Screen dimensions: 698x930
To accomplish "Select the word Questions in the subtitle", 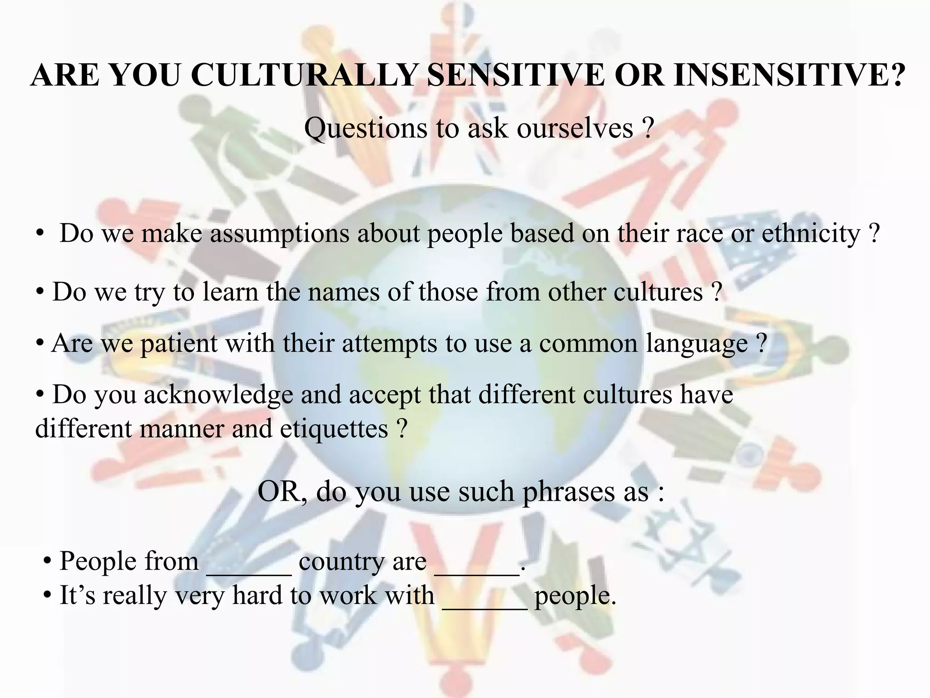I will (365, 128).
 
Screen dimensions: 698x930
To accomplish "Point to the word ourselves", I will (575, 128).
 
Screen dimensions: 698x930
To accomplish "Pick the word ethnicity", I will (810, 234).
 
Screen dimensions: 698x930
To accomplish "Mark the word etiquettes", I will (334, 429).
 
